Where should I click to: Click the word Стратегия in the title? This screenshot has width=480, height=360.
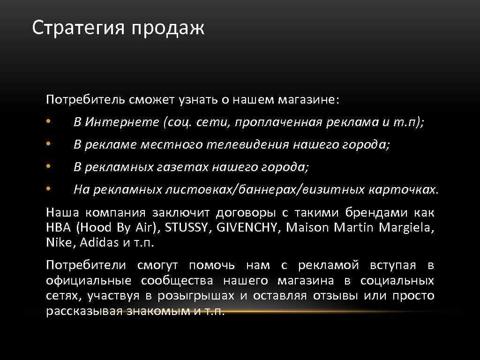pos(78,28)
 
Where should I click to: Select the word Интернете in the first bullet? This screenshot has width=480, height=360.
pos(122,122)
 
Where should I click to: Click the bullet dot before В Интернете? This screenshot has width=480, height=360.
pos(48,123)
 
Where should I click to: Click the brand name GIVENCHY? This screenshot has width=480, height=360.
pos(247,228)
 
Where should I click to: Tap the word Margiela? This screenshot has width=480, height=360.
pos(405,228)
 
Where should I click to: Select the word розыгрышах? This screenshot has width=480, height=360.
pos(196,296)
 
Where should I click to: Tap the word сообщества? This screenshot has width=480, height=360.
pos(177,281)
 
